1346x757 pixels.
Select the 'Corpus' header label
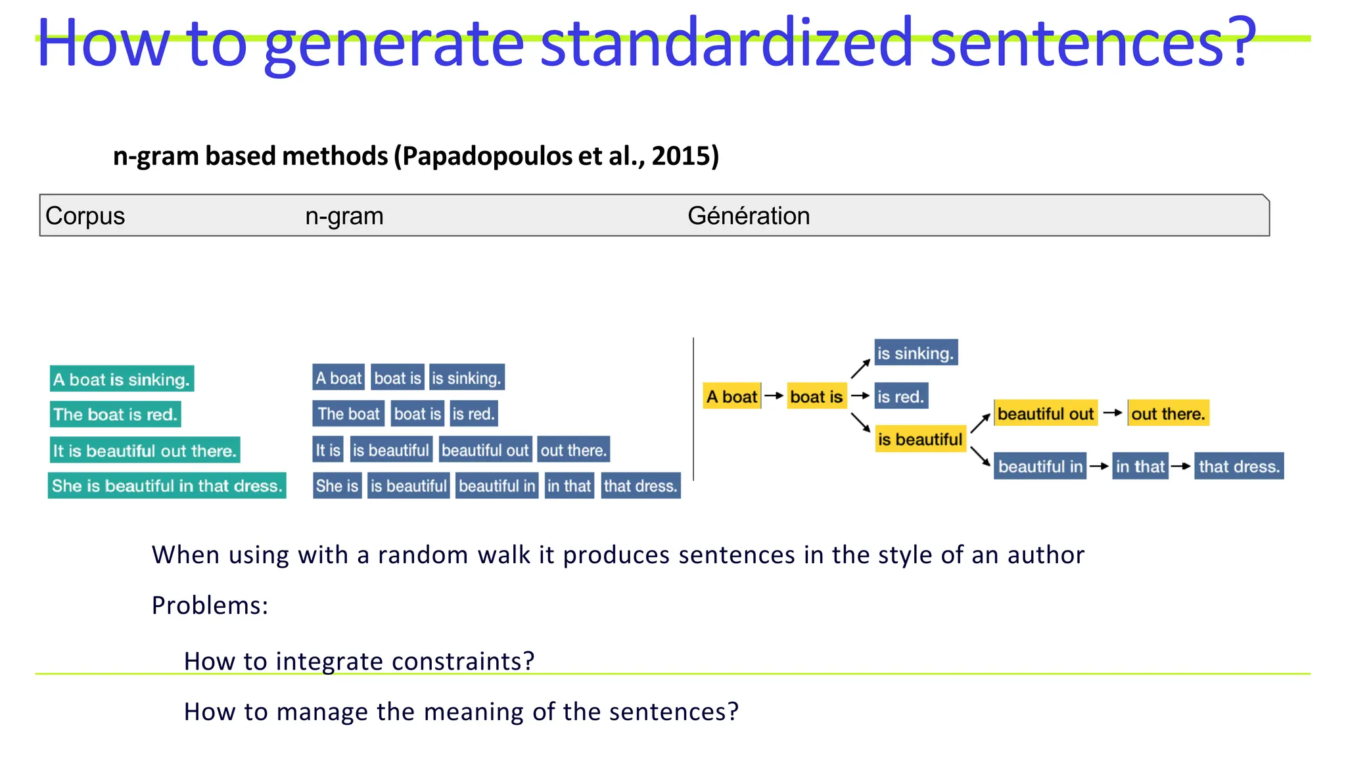click(85, 216)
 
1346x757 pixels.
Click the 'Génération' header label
click(748, 216)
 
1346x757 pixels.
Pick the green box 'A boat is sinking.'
click(122, 379)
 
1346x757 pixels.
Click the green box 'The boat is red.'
click(115, 415)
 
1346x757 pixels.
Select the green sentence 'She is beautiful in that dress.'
click(167, 486)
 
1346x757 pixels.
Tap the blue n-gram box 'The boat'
click(348, 414)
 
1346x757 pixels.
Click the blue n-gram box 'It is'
click(327, 450)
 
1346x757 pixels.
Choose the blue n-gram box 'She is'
click(336, 486)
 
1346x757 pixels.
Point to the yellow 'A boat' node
click(731, 396)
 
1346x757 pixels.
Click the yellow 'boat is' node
click(816, 396)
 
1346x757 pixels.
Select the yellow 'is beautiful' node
click(920, 439)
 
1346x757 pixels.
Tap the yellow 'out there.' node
click(1168, 413)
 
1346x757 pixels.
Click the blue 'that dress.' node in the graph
click(1239, 467)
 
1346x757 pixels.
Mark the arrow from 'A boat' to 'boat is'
click(774, 396)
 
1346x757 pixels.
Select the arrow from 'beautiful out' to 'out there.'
click(1113, 413)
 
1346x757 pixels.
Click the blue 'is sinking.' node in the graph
click(916, 353)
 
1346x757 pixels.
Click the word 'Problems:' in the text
click(210, 605)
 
